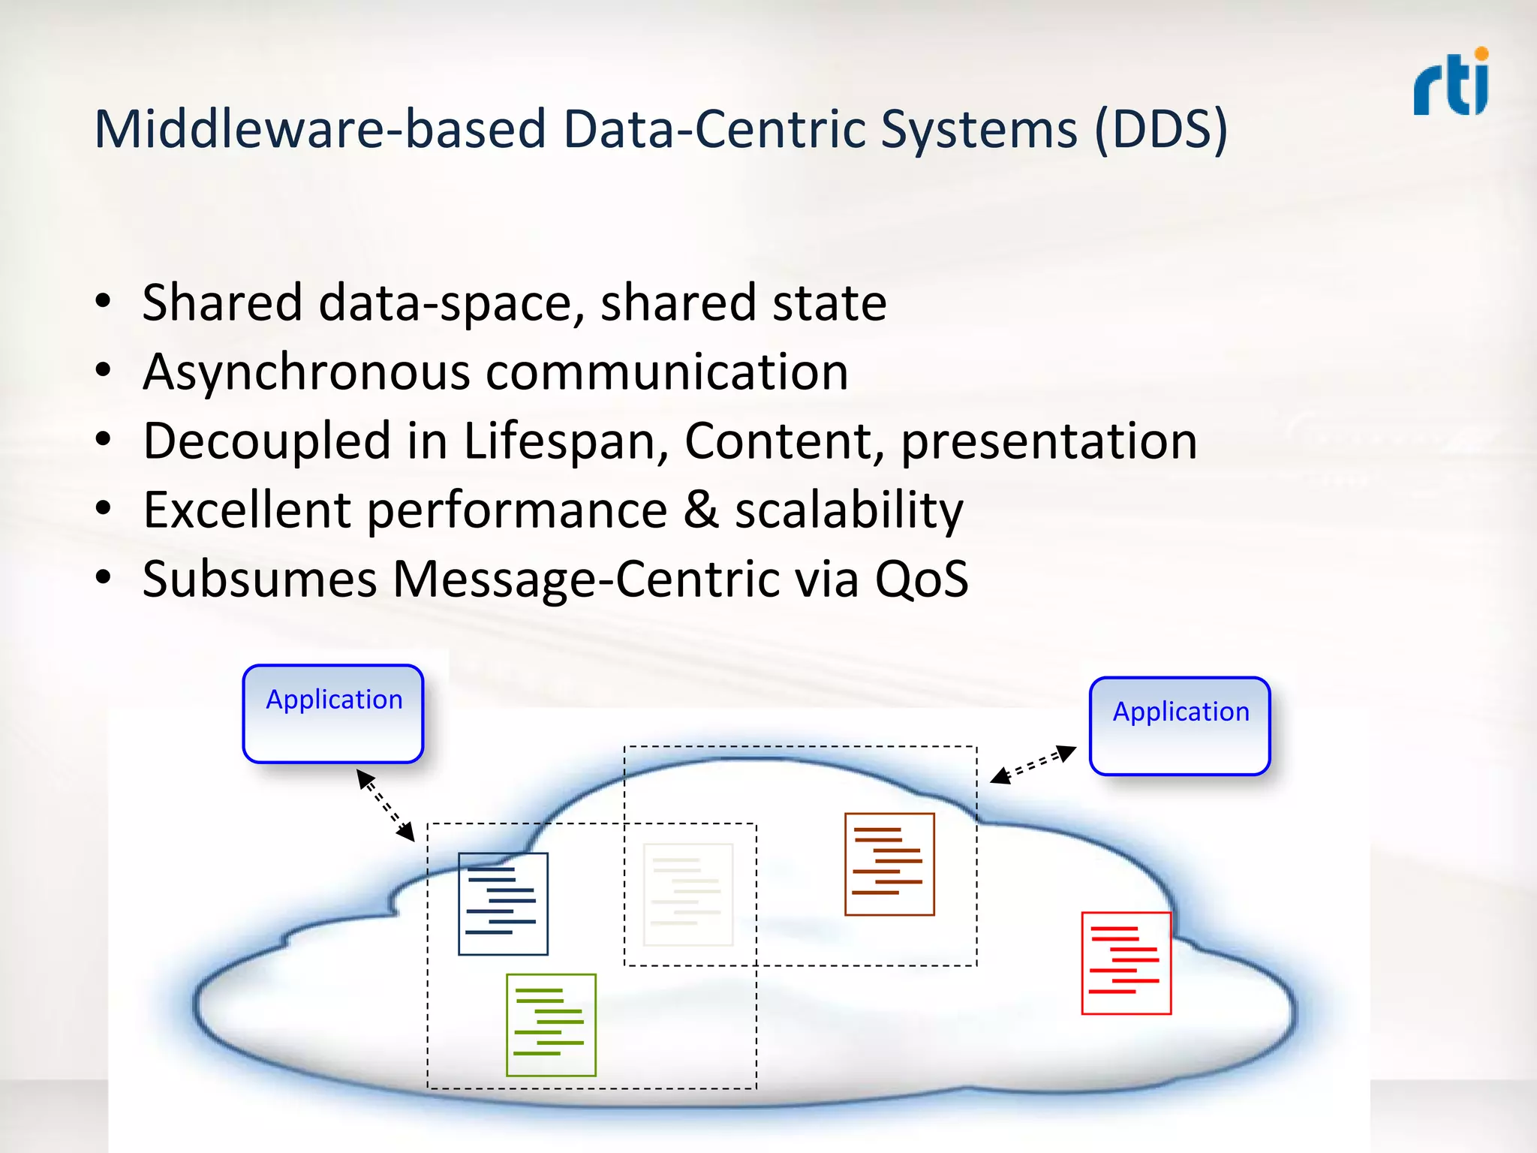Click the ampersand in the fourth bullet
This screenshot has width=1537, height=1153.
click(x=700, y=510)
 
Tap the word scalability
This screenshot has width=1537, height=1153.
click(x=849, y=511)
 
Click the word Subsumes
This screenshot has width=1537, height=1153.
click(x=260, y=580)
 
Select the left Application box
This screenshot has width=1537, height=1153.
click(x=333, y=714)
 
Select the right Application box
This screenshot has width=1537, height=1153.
click(x=1180, y=726)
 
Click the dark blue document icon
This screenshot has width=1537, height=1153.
click(x=503, y=904)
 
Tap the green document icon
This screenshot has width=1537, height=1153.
click(x=551, y=1025)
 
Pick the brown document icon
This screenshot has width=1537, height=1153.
click(x=889, y=864)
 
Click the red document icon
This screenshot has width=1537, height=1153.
click(x=1126, y=963)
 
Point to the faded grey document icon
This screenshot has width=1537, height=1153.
click(x=687, y=895)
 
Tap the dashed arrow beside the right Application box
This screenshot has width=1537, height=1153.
click(x=1033, y=765)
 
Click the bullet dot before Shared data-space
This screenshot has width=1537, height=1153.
click(x=103, y=303)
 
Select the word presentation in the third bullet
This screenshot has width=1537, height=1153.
click(x=1048, y=441)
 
